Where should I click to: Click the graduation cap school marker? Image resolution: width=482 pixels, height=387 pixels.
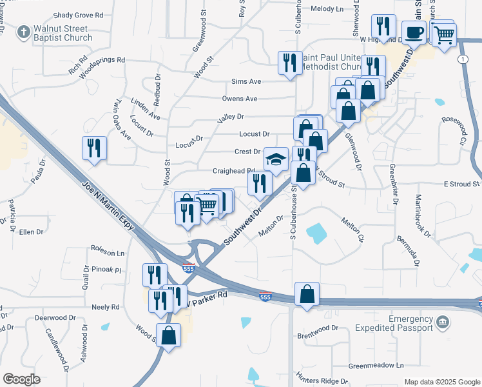pyautogui.click(x=276, y=159)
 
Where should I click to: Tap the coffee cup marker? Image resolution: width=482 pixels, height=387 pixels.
pyautogui.click(x=413, y=32)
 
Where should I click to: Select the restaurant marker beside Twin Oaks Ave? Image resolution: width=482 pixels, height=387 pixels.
pyautogui.click(x=95, y=148)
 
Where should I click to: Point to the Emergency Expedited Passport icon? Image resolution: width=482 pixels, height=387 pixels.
pyautogui.click(x=442, y=322)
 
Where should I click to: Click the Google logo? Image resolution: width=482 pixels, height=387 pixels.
pyautogui.click(x=22, y=379)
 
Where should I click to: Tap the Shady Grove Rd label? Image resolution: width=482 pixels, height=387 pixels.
pyautogui.click(x=79, y=14)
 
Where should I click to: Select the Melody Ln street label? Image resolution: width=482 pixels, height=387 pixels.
pyautogui.click(x=327, y=9)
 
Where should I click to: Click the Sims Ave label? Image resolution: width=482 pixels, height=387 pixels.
pyautogui.click(x=246, y=82)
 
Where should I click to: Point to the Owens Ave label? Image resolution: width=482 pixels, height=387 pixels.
pyautogui.click(x=240, y=99)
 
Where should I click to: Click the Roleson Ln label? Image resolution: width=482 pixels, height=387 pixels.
pyautogui.click(x=107, y=253)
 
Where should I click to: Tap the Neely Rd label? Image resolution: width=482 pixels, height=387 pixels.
pyautogui.click(x=106, y=307)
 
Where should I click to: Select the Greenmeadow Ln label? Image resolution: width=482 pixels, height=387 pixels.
pyautogui.click(x=376, y=365)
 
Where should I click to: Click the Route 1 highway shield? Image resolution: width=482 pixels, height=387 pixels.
pyautogui.click(x=463, y=59)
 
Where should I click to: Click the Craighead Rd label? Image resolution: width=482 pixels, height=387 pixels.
pyautogui.click(x=234, y=171)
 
